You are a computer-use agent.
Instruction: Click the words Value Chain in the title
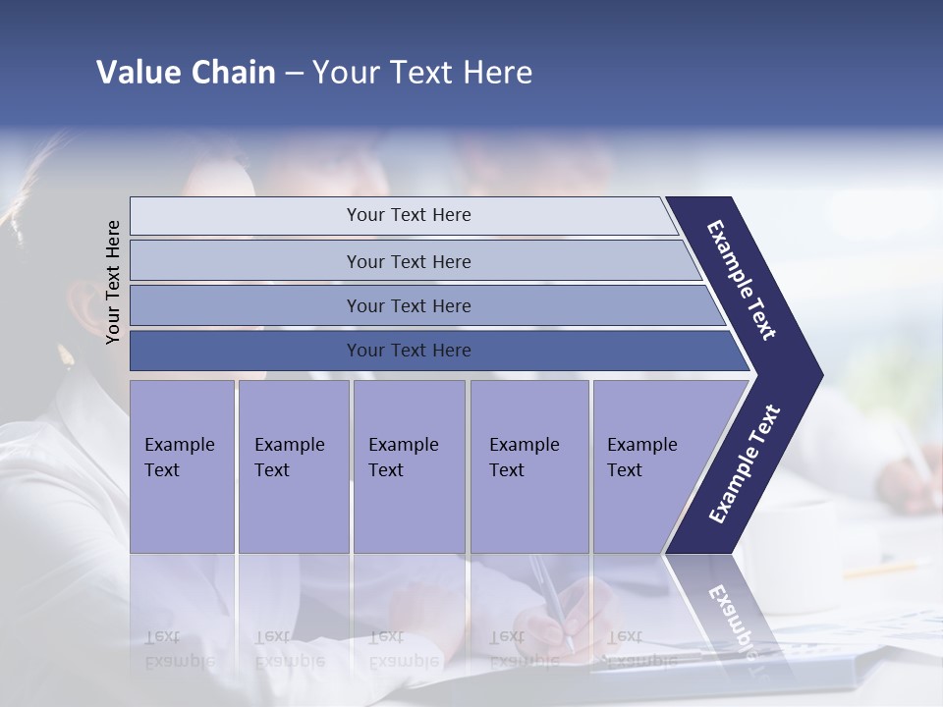coord(186,73)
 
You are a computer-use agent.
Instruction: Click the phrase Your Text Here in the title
coord(422,73)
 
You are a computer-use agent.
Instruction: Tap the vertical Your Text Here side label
coord(113,282)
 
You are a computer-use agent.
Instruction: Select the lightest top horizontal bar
coord(408,215)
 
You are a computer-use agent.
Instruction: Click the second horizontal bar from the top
coord(408,261)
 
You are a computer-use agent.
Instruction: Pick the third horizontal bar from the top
coord(408,305)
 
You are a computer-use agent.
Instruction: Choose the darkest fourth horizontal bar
coord(408,351)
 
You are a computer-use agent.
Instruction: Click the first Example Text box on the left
coord(182,466)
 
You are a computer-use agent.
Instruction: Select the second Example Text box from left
coord(293,466)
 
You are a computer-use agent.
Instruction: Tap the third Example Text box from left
coord(408,466)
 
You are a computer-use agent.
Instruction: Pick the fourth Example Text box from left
coord(528,466)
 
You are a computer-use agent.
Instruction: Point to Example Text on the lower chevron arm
coord(745,463)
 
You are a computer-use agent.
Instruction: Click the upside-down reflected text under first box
coord(180,648)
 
